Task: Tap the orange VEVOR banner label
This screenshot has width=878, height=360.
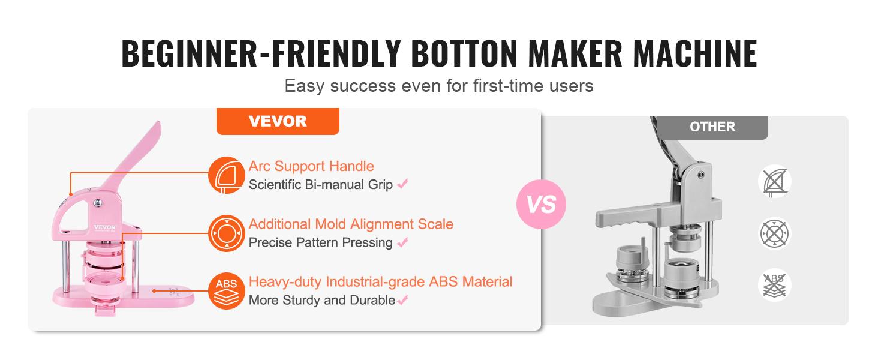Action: pyautogui.click(x=277, y=121)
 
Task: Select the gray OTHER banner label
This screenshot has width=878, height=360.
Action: pyautogui.click(x=712, y=127)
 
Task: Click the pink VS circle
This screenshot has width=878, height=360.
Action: pyautogui.click(x=541, y=204)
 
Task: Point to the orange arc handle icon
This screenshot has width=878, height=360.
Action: pyautogui.click(x=227, y=175)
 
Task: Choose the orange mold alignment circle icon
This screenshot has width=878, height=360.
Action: pyautogui.click(x=227, y=233)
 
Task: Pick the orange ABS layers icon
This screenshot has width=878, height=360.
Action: pyautogui.click(x=227, y=291)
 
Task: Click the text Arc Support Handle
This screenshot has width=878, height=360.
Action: pyautogui.click(x=311, y=166)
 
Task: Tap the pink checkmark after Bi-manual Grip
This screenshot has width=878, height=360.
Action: pyautogui.click(x=402, y=184)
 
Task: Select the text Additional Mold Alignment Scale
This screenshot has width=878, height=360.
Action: pyautogui.click(x=351, y=224)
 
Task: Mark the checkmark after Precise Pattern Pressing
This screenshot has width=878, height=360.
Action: pyautogui.click(x=402, y=242)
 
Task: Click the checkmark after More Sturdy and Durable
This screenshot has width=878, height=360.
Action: pyautogui.click(x=402, y=300)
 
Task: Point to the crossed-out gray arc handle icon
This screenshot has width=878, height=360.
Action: pyautogui.click(x=775, y=181)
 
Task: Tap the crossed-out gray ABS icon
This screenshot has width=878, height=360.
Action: pyautogui.click(x=775, y=284)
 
